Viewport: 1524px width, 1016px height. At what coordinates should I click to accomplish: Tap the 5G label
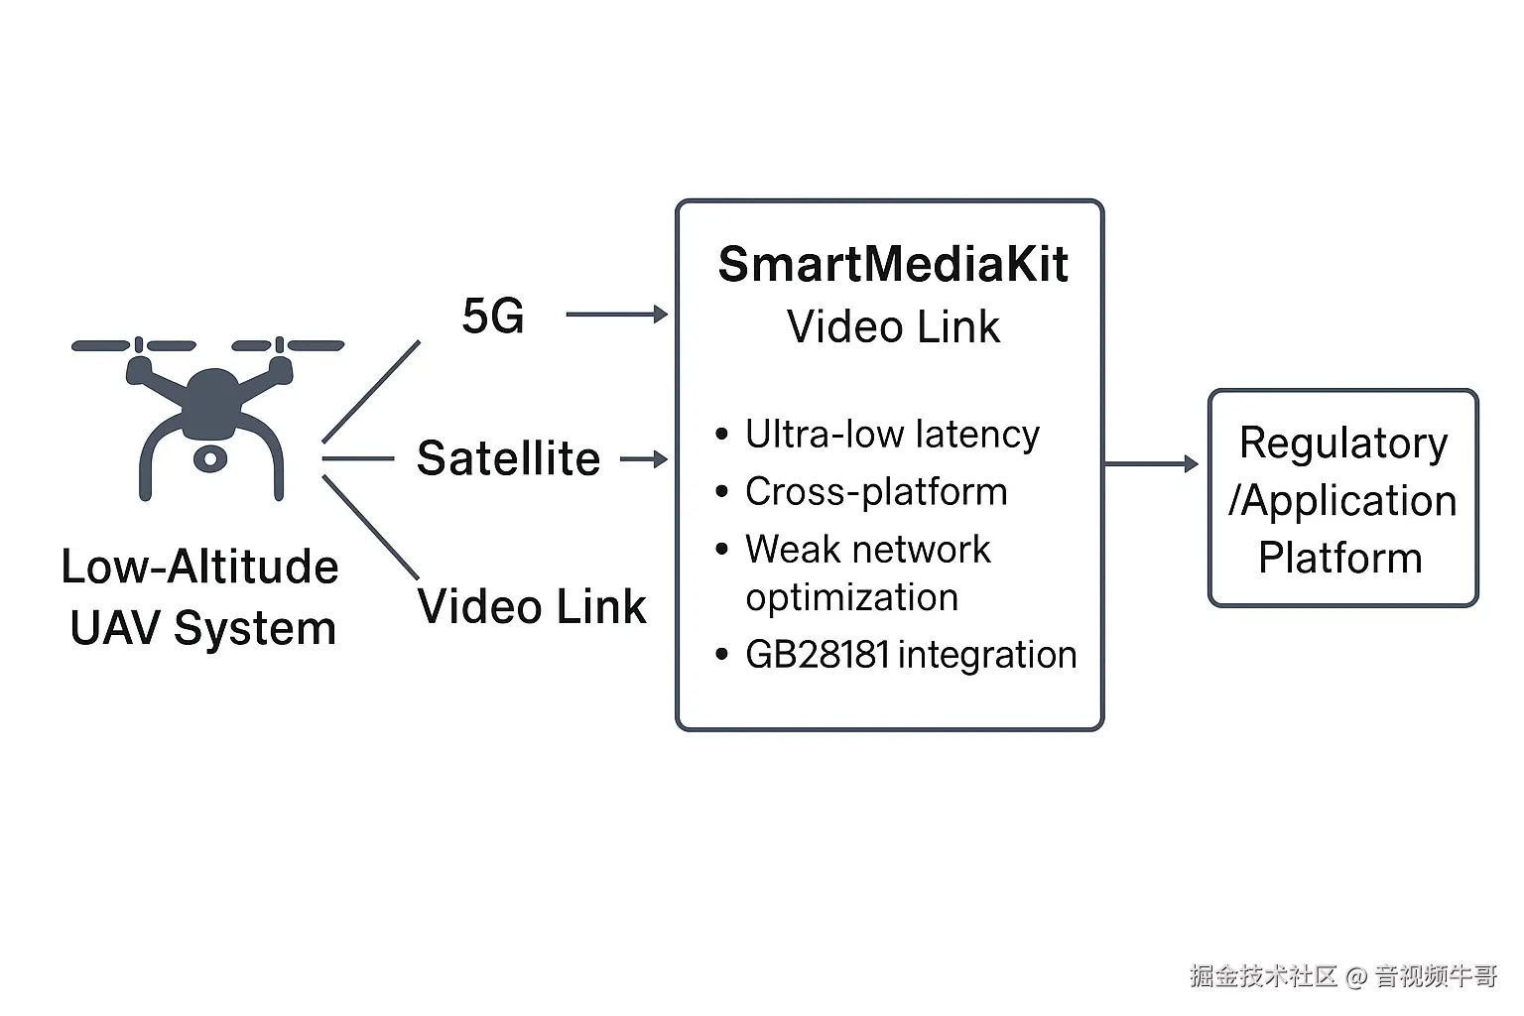493,316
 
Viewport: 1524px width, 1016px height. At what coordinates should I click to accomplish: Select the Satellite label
508,458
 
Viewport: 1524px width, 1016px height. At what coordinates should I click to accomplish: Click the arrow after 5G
617,315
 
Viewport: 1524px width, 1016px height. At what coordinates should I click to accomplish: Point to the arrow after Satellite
644,459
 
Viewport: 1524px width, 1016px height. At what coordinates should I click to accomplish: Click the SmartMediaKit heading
893,264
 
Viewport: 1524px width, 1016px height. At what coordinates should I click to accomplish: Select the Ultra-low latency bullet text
892,435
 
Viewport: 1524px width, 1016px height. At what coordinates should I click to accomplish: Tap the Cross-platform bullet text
876,492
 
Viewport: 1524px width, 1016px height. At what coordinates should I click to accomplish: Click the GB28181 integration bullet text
911,655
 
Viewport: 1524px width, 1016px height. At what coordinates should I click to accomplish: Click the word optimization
852,597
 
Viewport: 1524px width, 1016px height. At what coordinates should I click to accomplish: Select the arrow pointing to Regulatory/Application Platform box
1152,463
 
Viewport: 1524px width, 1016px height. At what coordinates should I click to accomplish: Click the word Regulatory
1343,443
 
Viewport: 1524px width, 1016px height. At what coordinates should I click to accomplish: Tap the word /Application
1342,500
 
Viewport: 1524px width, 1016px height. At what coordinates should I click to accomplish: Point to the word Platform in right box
1340,558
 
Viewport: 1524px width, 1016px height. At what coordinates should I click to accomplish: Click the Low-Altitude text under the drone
199,567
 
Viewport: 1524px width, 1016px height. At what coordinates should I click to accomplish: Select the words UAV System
203,628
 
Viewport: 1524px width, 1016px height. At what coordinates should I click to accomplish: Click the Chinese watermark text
1342,976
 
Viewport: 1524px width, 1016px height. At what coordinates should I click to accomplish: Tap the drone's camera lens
209,458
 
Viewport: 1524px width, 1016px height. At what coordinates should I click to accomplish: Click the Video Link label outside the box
532,606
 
